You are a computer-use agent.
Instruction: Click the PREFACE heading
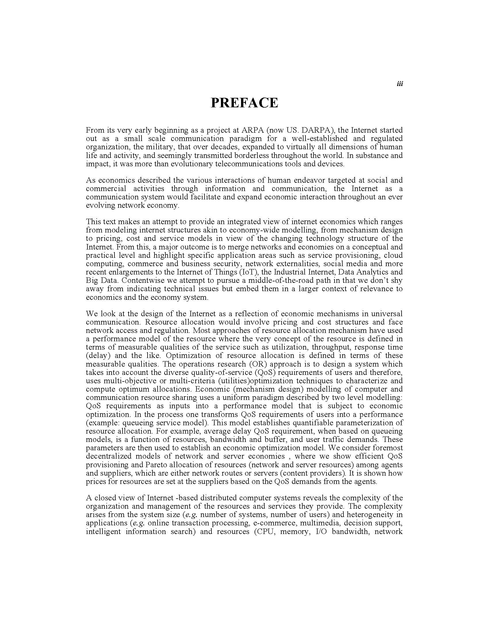[244, 103]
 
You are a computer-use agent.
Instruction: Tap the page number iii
[400, 84]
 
